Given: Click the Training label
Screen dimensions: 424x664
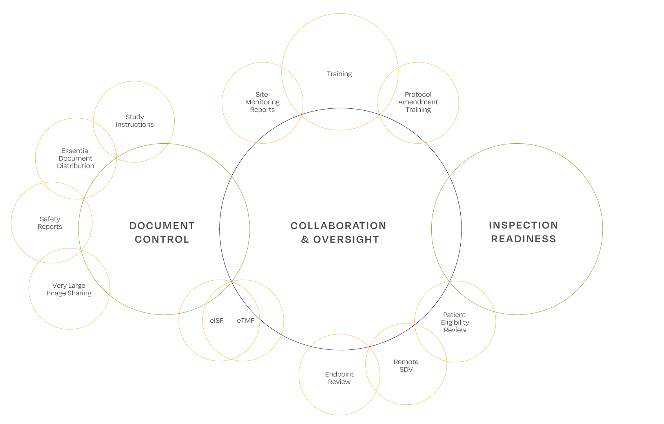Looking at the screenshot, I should click(339, 74).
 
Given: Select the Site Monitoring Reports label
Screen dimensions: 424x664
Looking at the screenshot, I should click(262, 102).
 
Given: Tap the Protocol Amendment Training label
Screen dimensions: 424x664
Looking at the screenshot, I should click(418, 102).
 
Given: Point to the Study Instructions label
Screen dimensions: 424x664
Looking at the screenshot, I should click(135, 121).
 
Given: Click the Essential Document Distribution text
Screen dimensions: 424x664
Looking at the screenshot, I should click(75, 158).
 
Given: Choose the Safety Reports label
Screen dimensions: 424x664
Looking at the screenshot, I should click(50, 223).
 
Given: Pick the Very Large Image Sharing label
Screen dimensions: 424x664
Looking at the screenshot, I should click(69, 289).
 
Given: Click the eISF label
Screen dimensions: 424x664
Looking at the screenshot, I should click(217, 321).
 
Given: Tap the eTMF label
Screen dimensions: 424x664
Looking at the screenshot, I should click(246, 321).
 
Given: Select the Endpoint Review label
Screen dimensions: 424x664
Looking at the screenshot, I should click(339, 378).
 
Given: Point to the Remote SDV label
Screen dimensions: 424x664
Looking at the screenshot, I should click(406, 366).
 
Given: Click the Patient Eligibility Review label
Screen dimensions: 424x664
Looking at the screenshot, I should click(455, 322).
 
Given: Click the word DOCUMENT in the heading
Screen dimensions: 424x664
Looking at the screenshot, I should click(162, 226).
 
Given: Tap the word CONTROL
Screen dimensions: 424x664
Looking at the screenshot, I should click(162, 239).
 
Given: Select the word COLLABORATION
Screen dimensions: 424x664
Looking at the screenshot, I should click(338, 226).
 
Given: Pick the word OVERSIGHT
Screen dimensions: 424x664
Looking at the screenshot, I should click(346, 239).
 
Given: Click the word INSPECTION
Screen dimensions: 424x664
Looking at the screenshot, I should click(523, 225).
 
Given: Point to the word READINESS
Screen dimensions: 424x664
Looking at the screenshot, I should click(524, 239).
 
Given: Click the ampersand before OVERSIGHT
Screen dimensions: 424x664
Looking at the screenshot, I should click(305, 239).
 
